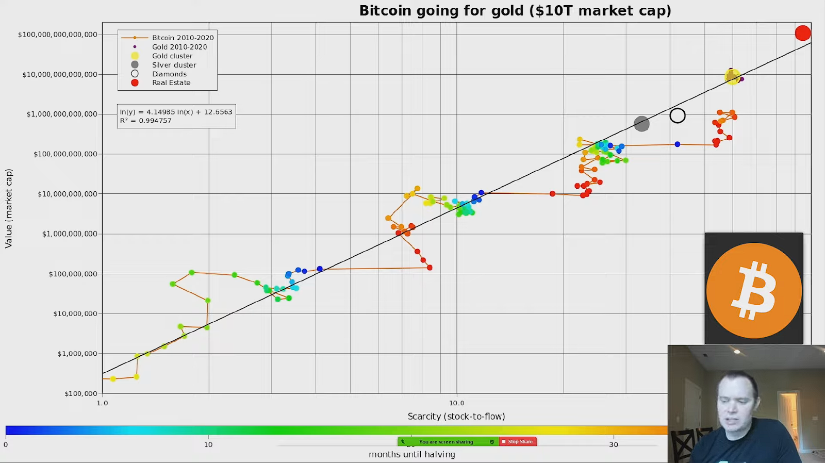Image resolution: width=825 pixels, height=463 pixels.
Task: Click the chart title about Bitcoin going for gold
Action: [515, 11]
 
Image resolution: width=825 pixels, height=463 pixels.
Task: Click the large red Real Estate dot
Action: [802, 34]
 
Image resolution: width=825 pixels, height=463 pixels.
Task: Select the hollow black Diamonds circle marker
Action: [678, 115]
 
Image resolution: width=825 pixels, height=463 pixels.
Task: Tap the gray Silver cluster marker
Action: [641, 124]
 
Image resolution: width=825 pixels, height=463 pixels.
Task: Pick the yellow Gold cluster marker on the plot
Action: [732, 77]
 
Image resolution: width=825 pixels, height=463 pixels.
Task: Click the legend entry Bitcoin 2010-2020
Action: [183, 38]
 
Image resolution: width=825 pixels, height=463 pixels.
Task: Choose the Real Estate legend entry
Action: [171, 83]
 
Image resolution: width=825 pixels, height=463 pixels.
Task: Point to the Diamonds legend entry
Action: [169, 74]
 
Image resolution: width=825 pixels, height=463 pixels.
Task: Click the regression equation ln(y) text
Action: [176, 112]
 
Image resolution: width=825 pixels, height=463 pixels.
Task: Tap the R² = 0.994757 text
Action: [146, 121]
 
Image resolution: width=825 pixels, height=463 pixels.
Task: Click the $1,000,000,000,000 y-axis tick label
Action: [62, 114]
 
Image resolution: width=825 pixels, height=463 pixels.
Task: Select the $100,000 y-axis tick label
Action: [80, 393]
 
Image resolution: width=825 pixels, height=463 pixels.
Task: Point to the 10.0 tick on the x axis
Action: [456, 403]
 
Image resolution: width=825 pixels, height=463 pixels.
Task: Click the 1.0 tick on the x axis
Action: [103, 403]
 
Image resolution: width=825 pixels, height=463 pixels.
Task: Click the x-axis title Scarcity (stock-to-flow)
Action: [456, 417]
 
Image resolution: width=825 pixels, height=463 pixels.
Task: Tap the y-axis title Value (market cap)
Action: [9, 208]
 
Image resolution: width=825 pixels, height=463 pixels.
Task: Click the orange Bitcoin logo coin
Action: [754, 290]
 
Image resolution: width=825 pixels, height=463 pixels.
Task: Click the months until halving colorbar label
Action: [411, 455]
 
